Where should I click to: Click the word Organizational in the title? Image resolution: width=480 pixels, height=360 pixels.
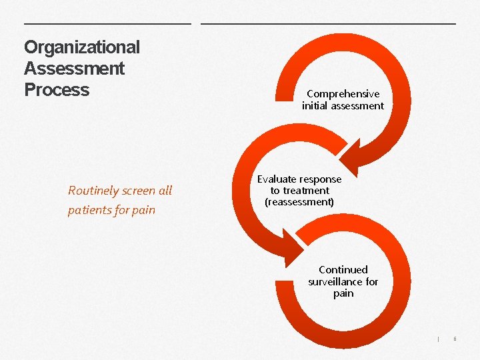coord(82,47)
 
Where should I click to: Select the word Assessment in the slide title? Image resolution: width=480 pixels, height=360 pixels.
coord(74,68)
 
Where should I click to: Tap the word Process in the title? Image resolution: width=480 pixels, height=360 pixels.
coord(57,89)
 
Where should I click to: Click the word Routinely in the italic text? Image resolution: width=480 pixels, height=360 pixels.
coord(93,191)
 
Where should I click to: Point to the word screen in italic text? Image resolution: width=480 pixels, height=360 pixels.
coord(139,191)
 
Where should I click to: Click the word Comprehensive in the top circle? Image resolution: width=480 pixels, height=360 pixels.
coord(343,94)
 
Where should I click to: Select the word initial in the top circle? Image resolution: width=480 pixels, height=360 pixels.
coord(317,106)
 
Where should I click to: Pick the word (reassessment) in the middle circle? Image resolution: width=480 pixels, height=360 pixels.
coord(299,202)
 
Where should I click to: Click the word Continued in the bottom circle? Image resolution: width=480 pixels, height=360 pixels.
coord(343,270)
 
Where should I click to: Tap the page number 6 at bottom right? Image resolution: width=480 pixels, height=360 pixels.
coord(455,339)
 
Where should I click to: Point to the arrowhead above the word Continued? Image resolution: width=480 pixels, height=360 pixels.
coord(293,257)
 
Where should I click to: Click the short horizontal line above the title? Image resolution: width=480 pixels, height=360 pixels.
coord(107,24)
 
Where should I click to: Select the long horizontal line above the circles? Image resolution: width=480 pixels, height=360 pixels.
coord(329,24)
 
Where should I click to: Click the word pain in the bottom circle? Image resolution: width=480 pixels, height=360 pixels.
coord(343,293)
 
